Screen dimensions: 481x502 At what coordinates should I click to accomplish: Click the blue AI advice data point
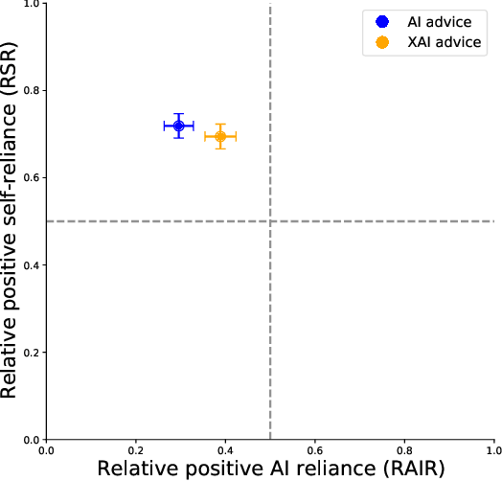[178, 126]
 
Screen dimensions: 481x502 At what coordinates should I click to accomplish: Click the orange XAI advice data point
[220, 136]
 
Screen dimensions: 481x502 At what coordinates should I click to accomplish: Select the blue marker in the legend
[382, 20]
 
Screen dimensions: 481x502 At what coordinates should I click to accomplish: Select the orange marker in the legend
[382, 42]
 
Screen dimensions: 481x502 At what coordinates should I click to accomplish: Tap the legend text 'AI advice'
[437, 20]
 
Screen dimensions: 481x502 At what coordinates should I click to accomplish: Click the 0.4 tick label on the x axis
[225, 448]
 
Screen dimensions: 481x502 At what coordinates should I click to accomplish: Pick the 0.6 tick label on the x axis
[314, 448]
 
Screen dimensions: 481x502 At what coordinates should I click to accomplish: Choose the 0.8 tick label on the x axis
[403, 448]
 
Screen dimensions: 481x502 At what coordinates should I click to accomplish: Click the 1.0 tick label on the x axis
[492, 448]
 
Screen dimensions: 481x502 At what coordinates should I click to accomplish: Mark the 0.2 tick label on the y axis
[30, 353]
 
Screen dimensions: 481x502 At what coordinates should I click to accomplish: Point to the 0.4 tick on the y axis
[30, 265]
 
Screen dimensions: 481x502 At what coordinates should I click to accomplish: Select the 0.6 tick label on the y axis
[30, 178]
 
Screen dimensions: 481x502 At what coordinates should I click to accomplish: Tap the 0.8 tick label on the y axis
[30, 91]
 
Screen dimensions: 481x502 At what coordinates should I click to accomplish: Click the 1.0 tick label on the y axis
[30, 5]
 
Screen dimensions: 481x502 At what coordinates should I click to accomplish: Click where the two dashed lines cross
[270, 221]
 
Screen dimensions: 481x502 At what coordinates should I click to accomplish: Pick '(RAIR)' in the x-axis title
[410, 469]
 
